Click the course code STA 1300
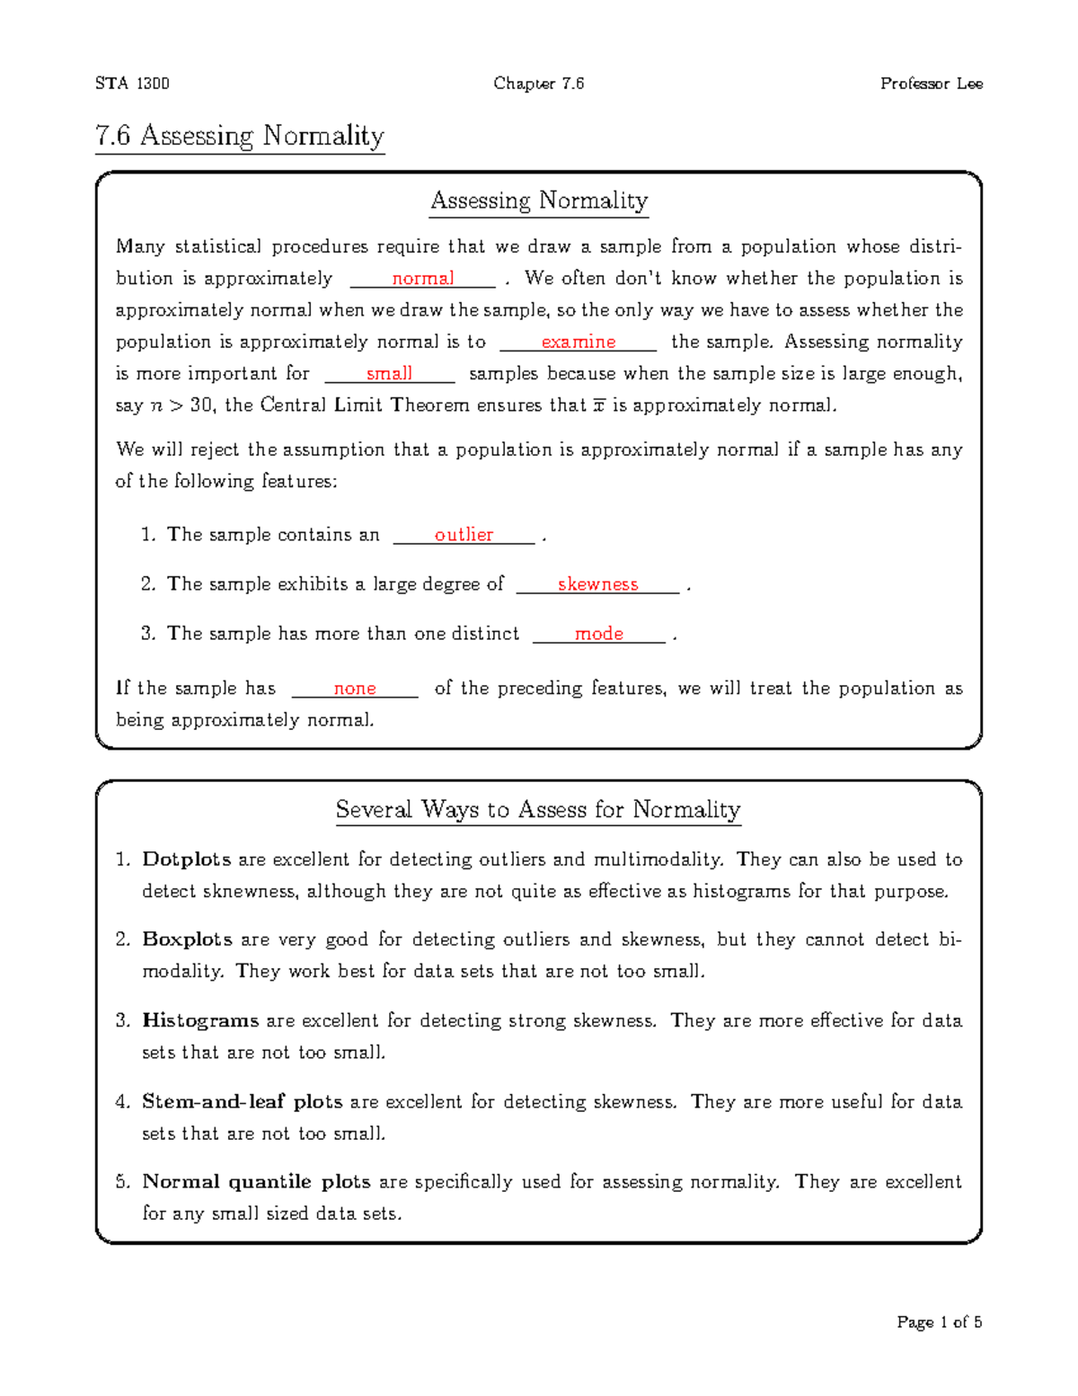coord(132,84)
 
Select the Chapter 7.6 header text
coord(538,84)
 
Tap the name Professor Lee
coord(931,84)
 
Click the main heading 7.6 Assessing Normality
coord(240,136)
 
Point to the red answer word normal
coord(422,279)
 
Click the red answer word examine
coord(578,342)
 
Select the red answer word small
coord(389,373)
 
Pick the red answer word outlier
coord(464,535)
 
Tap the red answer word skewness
coord(597,584)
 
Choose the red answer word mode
coord(598,634)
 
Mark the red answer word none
coord(354,689)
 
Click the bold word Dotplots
coord(186,859)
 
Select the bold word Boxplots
coord(187,939)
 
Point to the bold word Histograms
coord(200,1020)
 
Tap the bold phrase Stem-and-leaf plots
coord(242,1101)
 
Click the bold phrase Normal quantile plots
coord(256,1181)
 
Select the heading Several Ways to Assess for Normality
coord(538,810)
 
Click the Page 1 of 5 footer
coord(939,1322)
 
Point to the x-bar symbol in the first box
coord(599,405)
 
